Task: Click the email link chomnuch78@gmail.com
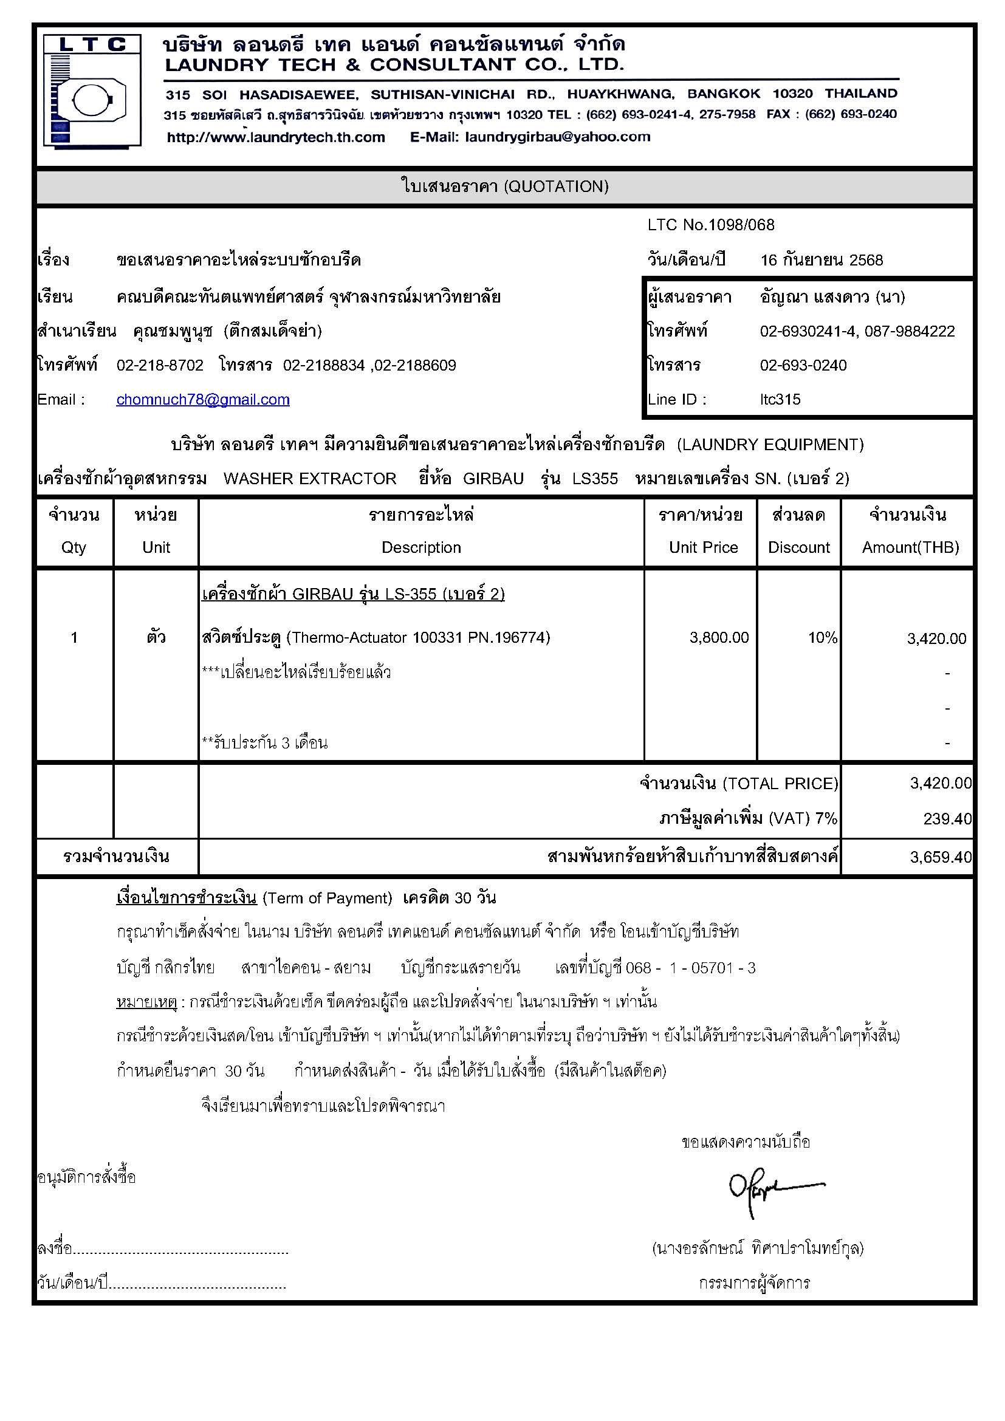tap(202, 400)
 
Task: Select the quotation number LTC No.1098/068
tap(710, 225)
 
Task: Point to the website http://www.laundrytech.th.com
tap(275, 137)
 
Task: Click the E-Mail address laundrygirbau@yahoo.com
tap(557, 137)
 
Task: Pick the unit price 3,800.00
tap(718, 637)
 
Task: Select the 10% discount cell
tap(822, 637)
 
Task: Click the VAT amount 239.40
tap(947, 819)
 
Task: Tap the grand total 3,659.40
tap(940, 857)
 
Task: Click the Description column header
tap(421, 548)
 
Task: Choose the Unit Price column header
tap(703, 548)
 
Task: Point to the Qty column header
tap(74, 548)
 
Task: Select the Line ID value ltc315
tap(780, 400)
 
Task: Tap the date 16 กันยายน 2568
tap(821, 260)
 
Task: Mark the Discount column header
tap(798, 548)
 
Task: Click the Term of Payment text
tap(328, 898)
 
